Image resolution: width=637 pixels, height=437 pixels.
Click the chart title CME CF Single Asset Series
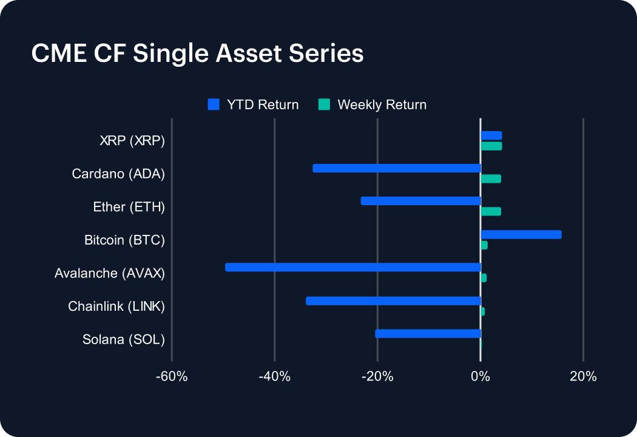(197, 53)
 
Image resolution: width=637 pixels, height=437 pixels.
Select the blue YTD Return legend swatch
(213, 104)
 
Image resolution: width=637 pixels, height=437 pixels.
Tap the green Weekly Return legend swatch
(324, 104)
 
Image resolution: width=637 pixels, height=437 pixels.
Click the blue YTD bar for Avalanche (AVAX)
(352, 267)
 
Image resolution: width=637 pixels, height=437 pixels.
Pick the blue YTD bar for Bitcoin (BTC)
(521, 234)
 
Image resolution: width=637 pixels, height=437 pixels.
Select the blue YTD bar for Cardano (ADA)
(397, 168)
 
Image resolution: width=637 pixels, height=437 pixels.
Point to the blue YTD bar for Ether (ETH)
(420, 201)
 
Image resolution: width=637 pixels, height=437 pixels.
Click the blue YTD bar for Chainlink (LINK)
(393, 300)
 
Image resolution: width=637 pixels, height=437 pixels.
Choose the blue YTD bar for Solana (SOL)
(428, 333)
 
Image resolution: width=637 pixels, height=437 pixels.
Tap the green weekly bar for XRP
(491, 146)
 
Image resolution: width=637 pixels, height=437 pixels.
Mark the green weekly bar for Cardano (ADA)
(491, 178)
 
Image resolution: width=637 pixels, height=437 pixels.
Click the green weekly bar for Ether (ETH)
(491, 211)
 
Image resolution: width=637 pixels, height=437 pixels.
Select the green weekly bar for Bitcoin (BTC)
(484, 245)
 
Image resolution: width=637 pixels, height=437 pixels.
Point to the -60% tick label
(172, 377)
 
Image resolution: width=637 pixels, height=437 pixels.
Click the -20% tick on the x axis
(377, 377)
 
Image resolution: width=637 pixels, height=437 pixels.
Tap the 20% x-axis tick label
(583, 377)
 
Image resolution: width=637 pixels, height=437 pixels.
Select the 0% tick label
(480, 377)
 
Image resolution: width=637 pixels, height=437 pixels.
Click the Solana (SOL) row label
(124, 339)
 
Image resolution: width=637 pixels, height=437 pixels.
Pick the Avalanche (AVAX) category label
(110, 273)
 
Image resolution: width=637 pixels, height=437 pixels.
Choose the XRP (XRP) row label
(132, 141)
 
